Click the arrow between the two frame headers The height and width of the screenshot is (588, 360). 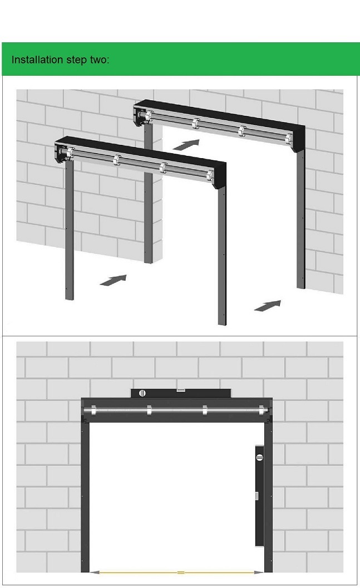click(186, 144)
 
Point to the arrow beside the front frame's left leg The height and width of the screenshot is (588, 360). click(113, 280)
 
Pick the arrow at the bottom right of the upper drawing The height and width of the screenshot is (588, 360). click(268, 306)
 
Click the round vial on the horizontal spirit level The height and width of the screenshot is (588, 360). click(142, 393)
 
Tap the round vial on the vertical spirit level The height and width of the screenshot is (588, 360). click(260, 457)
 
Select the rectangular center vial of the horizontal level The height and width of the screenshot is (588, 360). click(181, 390)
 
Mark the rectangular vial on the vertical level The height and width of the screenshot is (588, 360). click(257, 496)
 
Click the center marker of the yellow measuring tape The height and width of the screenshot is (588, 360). click(181, 572)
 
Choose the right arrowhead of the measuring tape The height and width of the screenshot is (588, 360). click(259, 572)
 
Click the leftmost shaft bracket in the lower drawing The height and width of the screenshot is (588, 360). click(93, 410)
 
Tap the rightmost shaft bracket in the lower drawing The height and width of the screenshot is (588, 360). click(261, 410)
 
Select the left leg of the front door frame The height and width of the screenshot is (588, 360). click(70, 231)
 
